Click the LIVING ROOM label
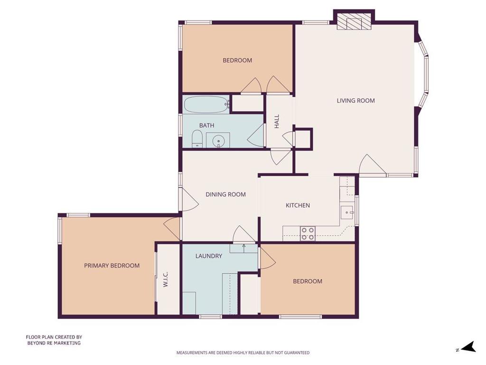[x=355, y=101]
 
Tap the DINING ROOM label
[x=225, y=194]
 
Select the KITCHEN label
[x=298, y=205]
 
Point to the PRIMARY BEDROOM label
[x=112, y=266]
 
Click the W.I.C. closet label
[x=165, y=279]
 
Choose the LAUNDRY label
[x=209, y=256]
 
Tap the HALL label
[x=277, y=121]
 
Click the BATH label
[x=206, y=125]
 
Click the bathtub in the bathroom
[x=206, y=105]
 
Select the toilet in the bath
[x=197, y=139]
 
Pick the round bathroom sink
[x=218, y=141]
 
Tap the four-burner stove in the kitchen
[x=308, y=234]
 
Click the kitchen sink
[x=347, y=213]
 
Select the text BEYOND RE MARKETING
[x=54, y=343]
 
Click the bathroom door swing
[x=255, y=134]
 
